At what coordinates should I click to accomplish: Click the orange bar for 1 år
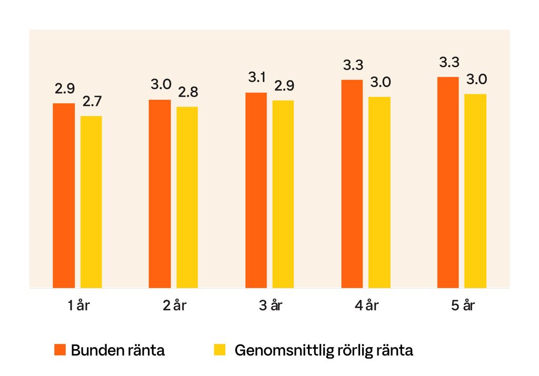click(64, 195)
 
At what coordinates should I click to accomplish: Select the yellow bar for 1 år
click(91, 202)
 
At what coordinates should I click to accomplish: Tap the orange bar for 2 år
click(160, 193)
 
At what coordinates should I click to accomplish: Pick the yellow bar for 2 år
click(187, 197)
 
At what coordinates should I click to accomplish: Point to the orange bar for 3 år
click(256, 190)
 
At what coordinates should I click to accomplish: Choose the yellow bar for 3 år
click(283, 194)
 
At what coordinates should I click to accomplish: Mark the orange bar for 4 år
click(352, 184)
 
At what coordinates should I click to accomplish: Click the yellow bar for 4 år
click(380, 192)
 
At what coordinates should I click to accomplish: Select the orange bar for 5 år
click(448, 182)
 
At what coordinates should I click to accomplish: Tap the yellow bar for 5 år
click(476, 191)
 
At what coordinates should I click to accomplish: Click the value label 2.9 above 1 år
click(65, 89)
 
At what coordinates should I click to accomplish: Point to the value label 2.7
click(92, 102)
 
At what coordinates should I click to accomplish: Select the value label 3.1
click(257, 78)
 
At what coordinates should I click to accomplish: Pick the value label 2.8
click(188, 93)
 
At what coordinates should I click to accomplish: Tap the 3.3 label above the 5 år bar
click(450, 63)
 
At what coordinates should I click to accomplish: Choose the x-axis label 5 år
click(463, 306)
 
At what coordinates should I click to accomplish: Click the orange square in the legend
click(60, 350)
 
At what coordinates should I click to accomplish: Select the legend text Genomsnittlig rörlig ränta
click(323, 350)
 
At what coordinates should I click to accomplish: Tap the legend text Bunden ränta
click(117, 350)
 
